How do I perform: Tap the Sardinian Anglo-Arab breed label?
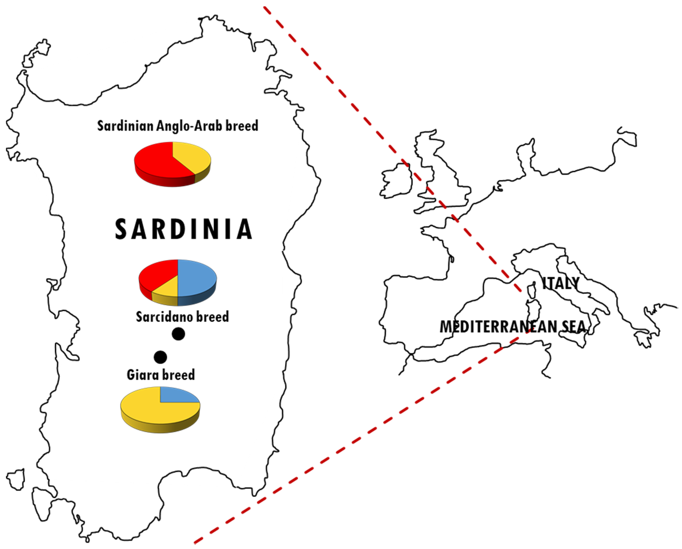point(178,126)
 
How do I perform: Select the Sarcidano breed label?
point(182,317)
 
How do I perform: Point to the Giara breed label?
point(161,375)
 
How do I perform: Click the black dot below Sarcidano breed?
point(178,334)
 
